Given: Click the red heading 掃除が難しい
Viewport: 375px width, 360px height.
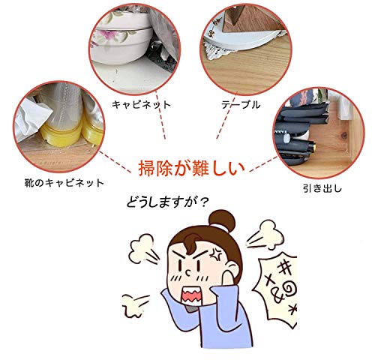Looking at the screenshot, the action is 191,168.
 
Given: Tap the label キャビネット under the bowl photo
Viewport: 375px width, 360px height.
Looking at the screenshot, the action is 141,104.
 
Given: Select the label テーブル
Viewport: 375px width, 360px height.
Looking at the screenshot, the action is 241,104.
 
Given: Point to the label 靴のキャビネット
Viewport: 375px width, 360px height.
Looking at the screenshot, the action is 64,183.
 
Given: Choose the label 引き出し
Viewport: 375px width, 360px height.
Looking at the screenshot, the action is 322,188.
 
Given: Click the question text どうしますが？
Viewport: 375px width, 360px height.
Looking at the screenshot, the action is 167,202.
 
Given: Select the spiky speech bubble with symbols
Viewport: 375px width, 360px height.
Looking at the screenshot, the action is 275,290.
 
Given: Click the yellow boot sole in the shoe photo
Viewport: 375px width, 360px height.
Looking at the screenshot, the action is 61,134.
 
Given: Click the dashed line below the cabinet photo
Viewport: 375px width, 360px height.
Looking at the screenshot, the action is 160,115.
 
